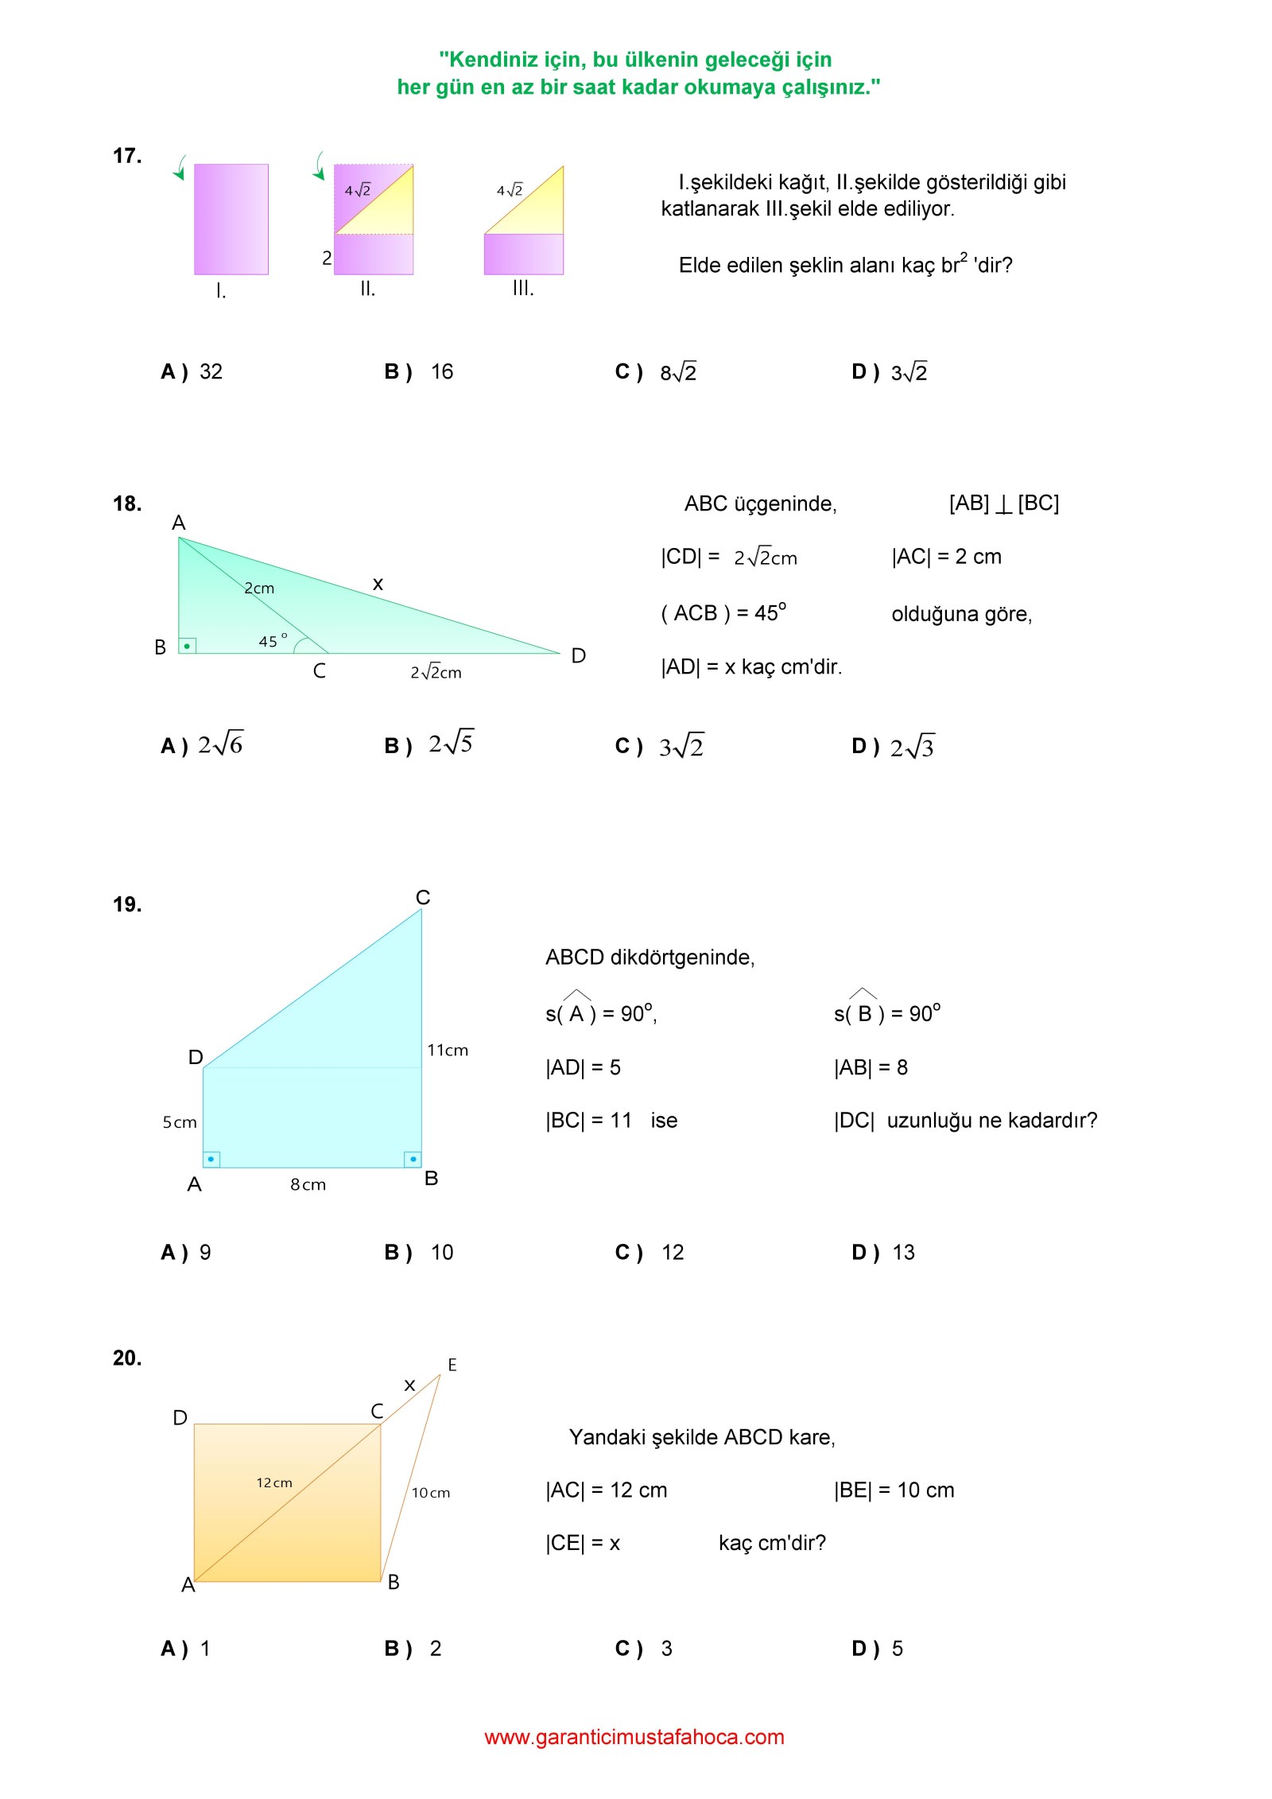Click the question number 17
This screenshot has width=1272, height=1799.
tap(127, 156)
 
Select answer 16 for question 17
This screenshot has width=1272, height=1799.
tap(441, 371)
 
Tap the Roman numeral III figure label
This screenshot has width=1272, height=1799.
tap(522, 289)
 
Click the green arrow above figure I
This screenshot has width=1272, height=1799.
tap(180, 168)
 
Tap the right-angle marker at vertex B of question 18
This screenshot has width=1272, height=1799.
tap(187, 646)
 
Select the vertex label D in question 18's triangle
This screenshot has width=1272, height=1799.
tap(578, 655)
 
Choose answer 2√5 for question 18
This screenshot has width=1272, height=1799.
tap(451, 744)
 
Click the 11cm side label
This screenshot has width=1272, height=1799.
tap(448, 1050)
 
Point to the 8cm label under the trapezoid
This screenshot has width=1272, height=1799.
tap(308, 1184)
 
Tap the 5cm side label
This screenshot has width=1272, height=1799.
tap(180, 1122)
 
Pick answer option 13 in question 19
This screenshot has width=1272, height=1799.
tap(903, 1253)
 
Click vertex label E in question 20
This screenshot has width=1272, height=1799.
tap(452, 1365)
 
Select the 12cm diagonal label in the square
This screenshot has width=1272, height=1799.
tap(274, 1482)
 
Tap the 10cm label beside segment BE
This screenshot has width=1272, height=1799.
tap(431, 1493)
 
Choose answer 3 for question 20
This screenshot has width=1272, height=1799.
tap(666, 1649)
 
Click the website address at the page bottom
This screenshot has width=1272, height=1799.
tap(634, 1737)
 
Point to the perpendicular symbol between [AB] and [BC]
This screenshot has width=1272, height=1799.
tap(1003, 503)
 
